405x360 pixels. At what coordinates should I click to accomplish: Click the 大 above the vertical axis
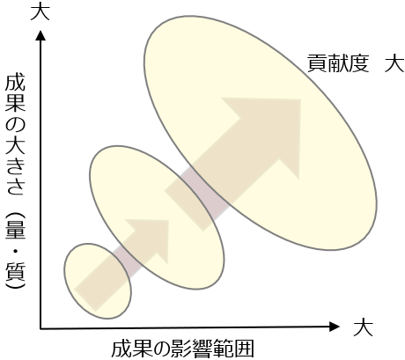coord(40,11)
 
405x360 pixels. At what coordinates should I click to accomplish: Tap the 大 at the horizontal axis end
coord(363,327)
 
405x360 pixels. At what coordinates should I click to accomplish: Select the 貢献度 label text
coord(338,62)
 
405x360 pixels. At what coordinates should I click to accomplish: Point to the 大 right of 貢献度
coord(394,62)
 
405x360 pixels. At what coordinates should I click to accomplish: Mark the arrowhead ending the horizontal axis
coord(335,327)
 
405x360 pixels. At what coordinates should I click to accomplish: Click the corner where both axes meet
coord(40,328)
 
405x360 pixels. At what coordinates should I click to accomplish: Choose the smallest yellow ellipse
coord(98,281)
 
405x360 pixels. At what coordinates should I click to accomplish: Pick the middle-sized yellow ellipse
coord(157,217)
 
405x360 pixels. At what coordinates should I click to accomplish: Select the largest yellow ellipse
coord(261,133)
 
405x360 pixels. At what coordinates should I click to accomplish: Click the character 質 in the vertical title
coord(15,273)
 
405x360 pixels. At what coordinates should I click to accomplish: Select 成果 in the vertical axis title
coord(15,93)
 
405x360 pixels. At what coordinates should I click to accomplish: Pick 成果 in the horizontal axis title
coord(130,349)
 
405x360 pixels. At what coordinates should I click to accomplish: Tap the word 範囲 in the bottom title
coord(233,349)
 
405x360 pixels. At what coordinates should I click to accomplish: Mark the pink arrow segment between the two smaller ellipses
coord(126,260)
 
